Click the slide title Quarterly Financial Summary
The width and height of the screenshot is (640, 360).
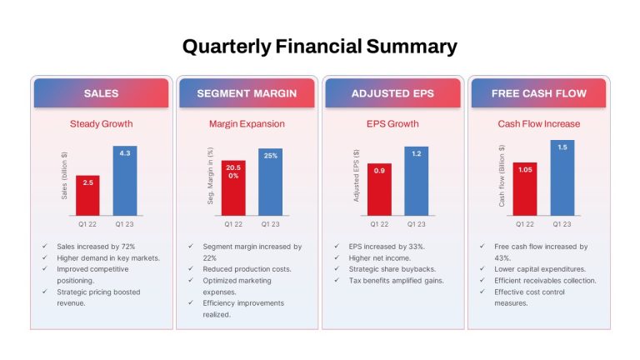tap(320, 47)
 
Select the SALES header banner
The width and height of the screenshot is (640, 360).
tap(101, 93)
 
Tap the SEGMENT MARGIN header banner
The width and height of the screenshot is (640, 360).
tap(247, 93)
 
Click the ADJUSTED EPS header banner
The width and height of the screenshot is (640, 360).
tap(392, 93)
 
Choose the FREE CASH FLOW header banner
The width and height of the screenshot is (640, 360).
tap(539, 93)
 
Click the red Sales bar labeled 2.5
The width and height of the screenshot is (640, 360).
tap(87, 196)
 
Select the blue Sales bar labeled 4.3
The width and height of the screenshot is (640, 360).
tap(125, 181)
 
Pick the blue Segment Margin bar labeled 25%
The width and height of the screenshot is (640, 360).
tap(270, 182)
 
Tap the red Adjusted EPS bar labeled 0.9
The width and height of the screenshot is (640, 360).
tap(379, 189)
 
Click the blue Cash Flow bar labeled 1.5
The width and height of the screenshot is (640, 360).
tap(562, 178)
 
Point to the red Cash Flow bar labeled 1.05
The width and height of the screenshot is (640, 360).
tap(525, 189)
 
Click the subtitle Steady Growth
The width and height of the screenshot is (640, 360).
tap(101, 123)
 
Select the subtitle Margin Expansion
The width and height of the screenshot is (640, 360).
tap(247, 123)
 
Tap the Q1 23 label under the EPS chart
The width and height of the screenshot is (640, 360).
tap(417, 224)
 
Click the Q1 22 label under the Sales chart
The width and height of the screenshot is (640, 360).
tap(87, 224)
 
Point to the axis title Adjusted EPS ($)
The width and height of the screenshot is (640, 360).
tap(356, 176)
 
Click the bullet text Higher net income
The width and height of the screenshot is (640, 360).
tap(380, 258)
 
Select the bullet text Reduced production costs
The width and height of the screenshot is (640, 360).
tap(247, 269)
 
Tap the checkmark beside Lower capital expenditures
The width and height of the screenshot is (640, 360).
tap(482, 268)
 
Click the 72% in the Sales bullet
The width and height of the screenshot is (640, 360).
tap(128, 247)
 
